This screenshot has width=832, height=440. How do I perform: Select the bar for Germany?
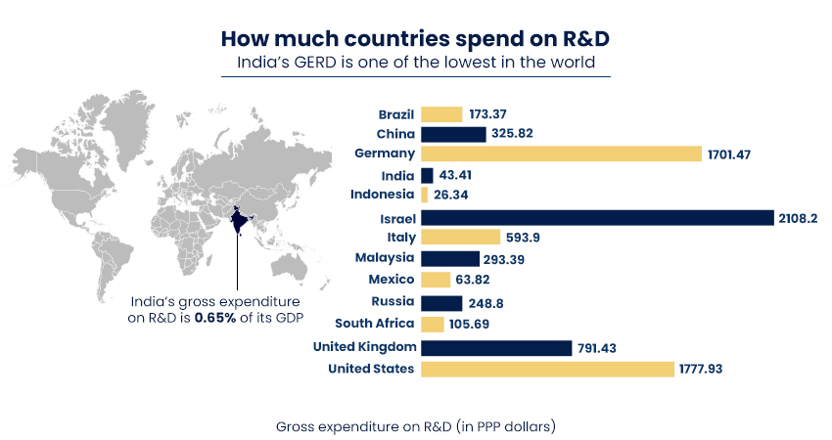click(x=561, y=154)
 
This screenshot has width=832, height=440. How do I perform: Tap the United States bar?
click(x=547, y=369)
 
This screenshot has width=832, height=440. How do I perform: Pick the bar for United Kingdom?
click(x=496, y=347)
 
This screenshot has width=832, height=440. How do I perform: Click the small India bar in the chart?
click(x=427, y=175)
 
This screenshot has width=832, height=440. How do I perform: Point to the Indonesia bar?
click(x=425, y=195)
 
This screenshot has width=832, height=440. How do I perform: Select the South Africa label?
click(x=375, y=324)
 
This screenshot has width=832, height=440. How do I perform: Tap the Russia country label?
click(x=393, y=302)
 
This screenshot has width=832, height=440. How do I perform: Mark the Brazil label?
click(x=396, y=114)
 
